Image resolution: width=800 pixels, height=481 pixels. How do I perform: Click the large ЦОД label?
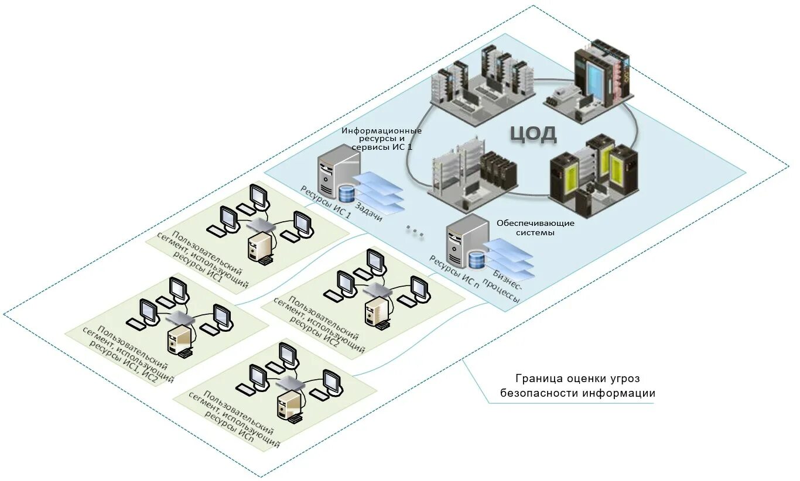[x=533, y=134]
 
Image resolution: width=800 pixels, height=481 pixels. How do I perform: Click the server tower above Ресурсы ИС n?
[x=464, y=239]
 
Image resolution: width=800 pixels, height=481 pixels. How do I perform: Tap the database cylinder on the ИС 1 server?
[x=347, y=193]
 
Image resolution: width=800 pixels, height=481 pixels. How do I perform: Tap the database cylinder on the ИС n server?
[x=477, y=259]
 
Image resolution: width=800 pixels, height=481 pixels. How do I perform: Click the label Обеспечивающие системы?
[x=535, y=228]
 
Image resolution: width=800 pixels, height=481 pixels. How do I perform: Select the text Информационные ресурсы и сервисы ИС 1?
[x=382, y=139]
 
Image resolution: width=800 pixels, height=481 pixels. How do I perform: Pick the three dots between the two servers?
[x=415, y=232]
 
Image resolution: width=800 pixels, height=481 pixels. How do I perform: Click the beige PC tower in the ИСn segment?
[x=289, y=404]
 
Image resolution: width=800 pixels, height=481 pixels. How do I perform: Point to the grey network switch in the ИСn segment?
[x=291, y=383]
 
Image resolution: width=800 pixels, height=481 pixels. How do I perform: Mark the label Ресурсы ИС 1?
[x=326, y=201]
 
